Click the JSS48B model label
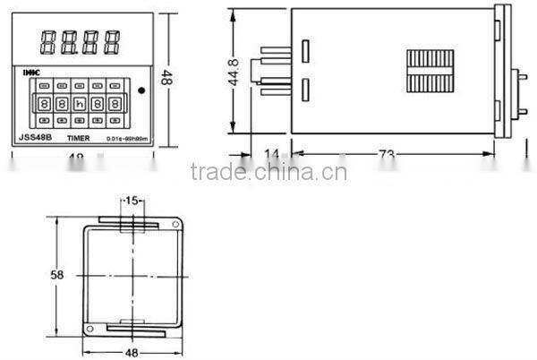36,138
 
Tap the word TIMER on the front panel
80,138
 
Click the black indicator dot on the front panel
142,90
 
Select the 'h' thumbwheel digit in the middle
79,102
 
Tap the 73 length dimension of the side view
386,154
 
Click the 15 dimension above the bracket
132,201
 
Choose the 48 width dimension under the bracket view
132,352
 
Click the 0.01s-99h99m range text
127,139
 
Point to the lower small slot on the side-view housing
304,90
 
